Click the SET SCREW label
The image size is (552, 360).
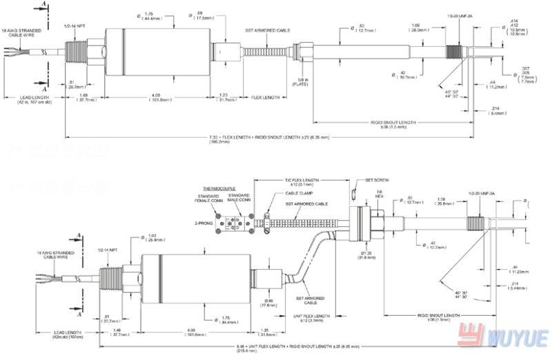[377, 180]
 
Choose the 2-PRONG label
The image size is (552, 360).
[203, 224]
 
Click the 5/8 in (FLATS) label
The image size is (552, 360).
[301, 81]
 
